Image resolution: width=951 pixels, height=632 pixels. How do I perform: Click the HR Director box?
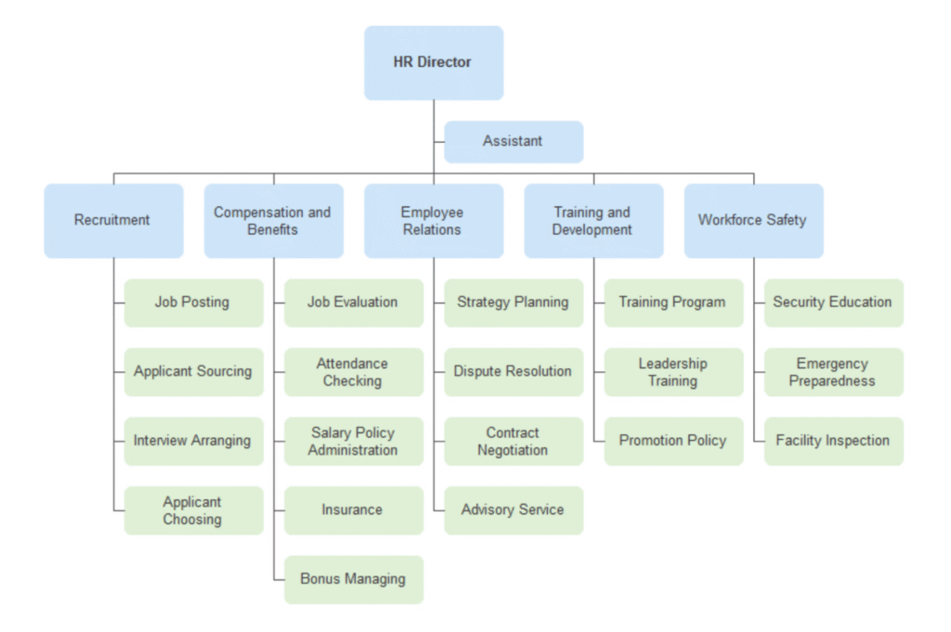(433, 62)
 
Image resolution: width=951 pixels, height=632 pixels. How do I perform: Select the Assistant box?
(513, 141)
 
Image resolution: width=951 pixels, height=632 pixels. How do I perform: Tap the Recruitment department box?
(112, 220)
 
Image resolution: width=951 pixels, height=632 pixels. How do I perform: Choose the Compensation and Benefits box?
(273, 220)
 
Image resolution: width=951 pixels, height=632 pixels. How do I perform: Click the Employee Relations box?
(433, 220)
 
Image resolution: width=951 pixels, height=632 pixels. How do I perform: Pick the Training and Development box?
(593, 220)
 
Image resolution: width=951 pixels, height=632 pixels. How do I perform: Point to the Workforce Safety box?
(752, 220)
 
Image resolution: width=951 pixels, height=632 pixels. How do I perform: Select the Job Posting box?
(193, 302)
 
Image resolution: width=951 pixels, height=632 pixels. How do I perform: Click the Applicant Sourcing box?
(193, 371)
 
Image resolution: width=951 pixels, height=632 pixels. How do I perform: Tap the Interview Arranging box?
(193, 441)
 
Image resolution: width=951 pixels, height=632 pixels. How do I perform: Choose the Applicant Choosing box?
(193, 510)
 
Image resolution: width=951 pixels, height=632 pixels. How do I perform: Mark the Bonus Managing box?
(353, 579)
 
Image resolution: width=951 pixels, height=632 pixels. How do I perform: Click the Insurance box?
(353, 509)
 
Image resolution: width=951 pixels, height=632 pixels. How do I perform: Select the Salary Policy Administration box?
(353, 441)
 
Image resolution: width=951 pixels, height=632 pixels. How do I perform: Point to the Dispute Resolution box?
(513, 371)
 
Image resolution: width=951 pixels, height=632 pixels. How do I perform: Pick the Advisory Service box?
(513, 509)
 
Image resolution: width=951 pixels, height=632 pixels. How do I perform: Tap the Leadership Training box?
(673, 371)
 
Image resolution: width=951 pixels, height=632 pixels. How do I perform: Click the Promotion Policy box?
(673, 441)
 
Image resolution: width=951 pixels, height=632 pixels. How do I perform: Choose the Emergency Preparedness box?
(833, 371)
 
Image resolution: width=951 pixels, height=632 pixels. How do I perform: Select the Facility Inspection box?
(833, 441)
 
